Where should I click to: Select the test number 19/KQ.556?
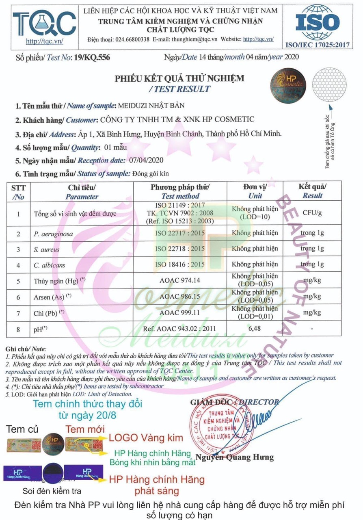point(92,57)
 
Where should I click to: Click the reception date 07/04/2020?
point(145,160)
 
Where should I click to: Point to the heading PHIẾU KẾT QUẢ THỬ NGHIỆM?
point(179,78)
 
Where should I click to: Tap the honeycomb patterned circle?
point(333,84)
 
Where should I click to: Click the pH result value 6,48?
point(255,329)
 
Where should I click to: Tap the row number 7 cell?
point(18,313)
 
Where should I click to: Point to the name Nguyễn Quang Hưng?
point(234,457)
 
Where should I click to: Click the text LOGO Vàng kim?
point(146,438)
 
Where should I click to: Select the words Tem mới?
point(85,429)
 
